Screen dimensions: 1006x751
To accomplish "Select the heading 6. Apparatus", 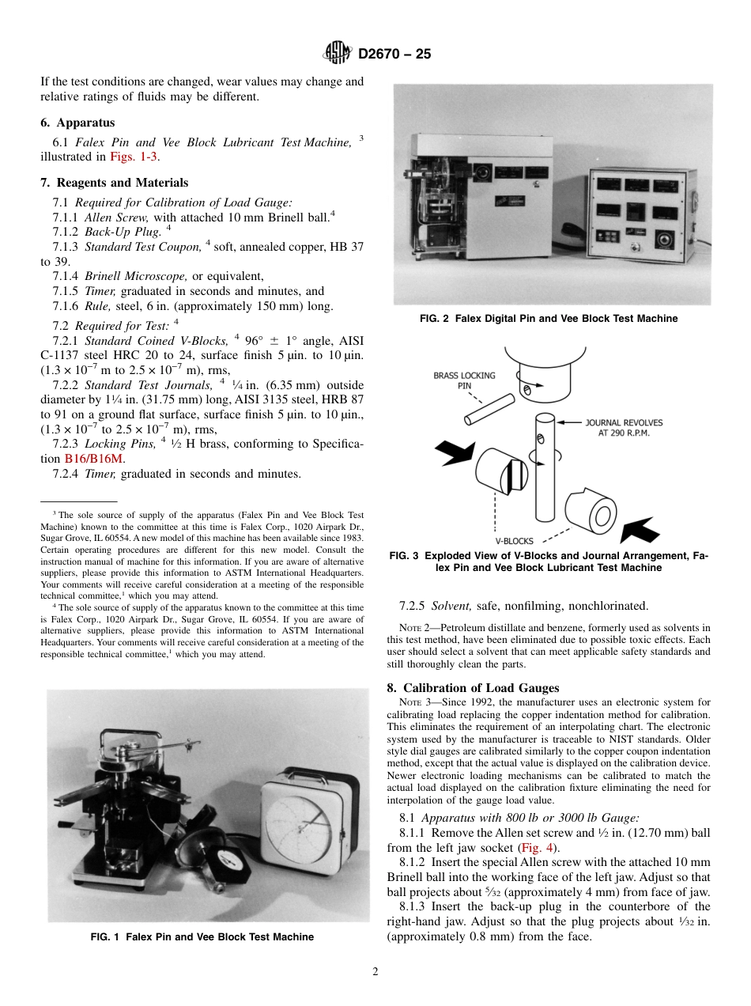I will click(x=77, y=123).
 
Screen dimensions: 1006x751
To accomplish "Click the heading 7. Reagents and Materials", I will click(x=114, y=183).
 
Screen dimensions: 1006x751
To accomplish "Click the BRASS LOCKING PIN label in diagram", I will click(x=464, y=380).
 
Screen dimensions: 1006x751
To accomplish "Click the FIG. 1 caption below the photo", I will click(x=202, y=937).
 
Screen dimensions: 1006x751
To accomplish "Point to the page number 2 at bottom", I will click(x=375, y=972).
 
